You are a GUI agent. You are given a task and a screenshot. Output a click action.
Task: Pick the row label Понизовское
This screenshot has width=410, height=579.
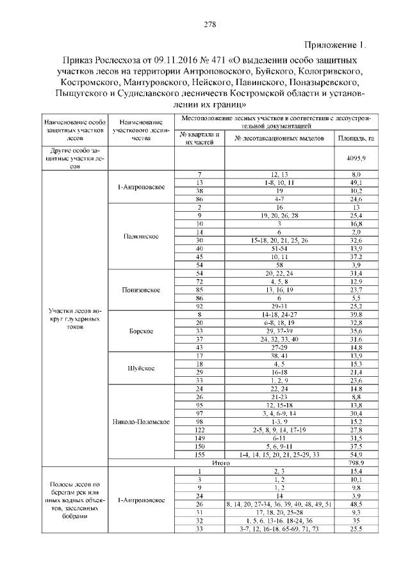[x=140, y=290]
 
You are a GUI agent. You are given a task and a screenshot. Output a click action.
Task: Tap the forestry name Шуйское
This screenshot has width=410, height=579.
[x=140, y=369]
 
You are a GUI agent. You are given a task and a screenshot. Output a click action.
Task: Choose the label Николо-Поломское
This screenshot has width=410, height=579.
[x=140, y=422]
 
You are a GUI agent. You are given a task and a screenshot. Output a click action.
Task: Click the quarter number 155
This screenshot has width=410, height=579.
[x=200, y=453]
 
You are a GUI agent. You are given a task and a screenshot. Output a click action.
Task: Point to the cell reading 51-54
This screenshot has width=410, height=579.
[x=279, y=248]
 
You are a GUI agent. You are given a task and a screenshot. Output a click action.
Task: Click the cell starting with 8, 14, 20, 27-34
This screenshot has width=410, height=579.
[x=279, y=505]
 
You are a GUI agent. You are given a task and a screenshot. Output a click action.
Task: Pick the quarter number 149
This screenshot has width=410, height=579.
[x=200, y=438]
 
